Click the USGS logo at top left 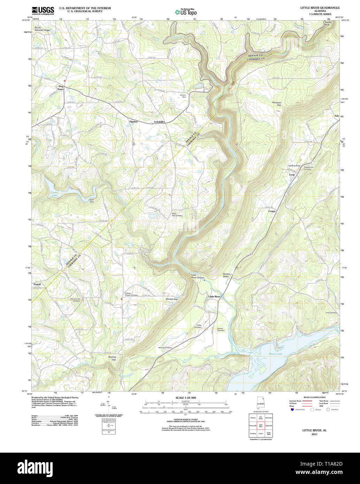pyautogui.click(x=43, y=11)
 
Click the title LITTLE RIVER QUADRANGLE pyautogui.click(x=320, y=8)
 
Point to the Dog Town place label pyautogui.click(x=61, y=88)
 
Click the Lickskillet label pyautogui.click(x=159, y=122)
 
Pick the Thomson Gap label pyautogui.click(x=276, y=104)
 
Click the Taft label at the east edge pyautogui.click(x=336, y=116)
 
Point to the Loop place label pyautogui.click(x=292, y=174)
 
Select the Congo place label pyautogui.click(x=272, y=211)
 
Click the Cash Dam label pyautogui.click(x=92, y=201)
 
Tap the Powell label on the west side pyautogui.click(x=37, y=284)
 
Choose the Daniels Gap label pyautogui.click(x=171, y=299)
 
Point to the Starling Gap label pyautogui.click(x=112, y=358)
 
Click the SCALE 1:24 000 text pyautogui.click(x=185, y=398)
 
